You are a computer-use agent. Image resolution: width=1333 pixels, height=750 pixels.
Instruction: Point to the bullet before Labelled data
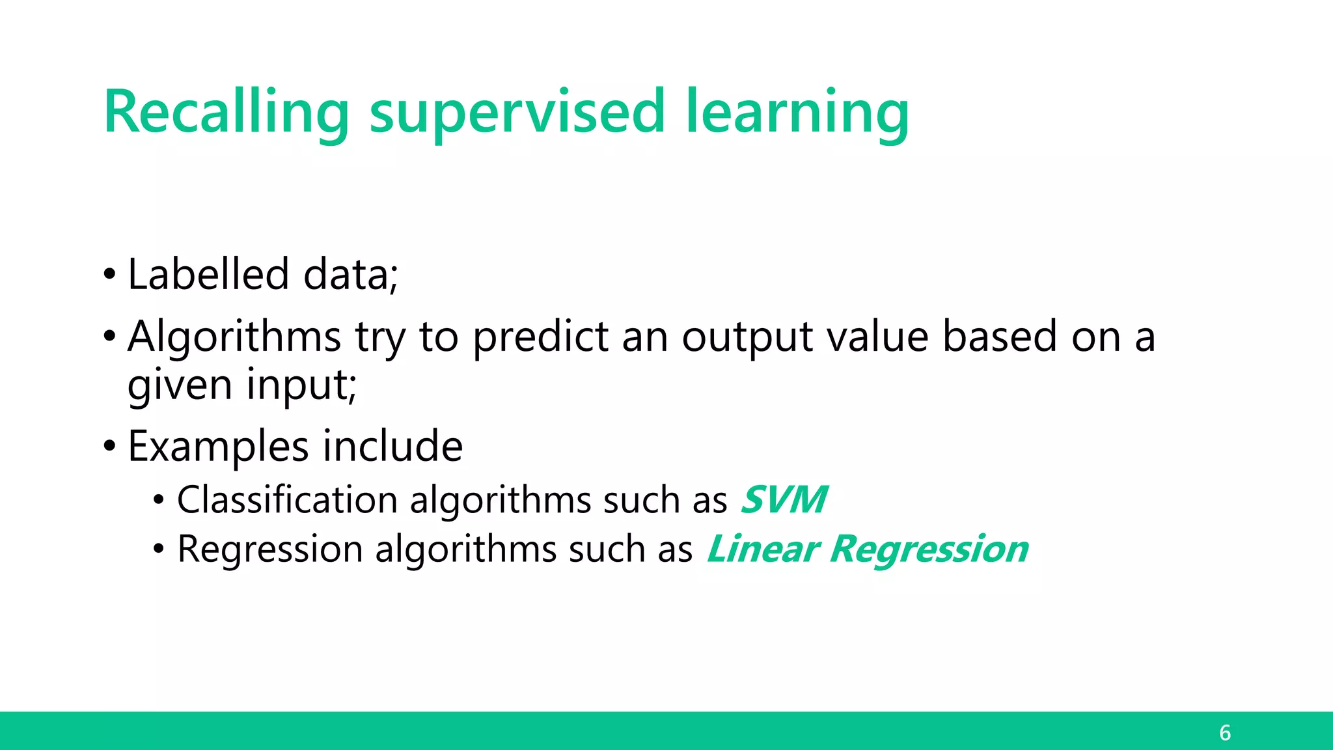click(109, 274)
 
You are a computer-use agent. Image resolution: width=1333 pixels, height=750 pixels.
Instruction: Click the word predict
click(540, 337)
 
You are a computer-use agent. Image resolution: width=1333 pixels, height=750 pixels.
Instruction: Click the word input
click(301, 385)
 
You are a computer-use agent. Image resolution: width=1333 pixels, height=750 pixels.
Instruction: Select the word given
click(180, 385)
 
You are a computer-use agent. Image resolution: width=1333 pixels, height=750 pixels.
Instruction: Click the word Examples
click(218, 447)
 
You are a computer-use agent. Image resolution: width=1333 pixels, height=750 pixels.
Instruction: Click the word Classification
click(287, 500)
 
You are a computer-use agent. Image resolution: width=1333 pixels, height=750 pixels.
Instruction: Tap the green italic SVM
click(784, 500)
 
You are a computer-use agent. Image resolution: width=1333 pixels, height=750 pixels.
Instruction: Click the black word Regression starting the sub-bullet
click(269, 549)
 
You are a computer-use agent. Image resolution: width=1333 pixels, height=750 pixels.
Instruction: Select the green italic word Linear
click(762, 549)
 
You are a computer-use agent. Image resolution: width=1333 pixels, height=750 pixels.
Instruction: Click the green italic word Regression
click(929, 549)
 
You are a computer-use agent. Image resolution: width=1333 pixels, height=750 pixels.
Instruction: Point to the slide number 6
click(1225, 733)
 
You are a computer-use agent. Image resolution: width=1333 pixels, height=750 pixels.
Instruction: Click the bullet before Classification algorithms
click(159, 501)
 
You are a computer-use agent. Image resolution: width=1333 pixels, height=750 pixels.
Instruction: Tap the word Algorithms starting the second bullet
click(234, 337)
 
